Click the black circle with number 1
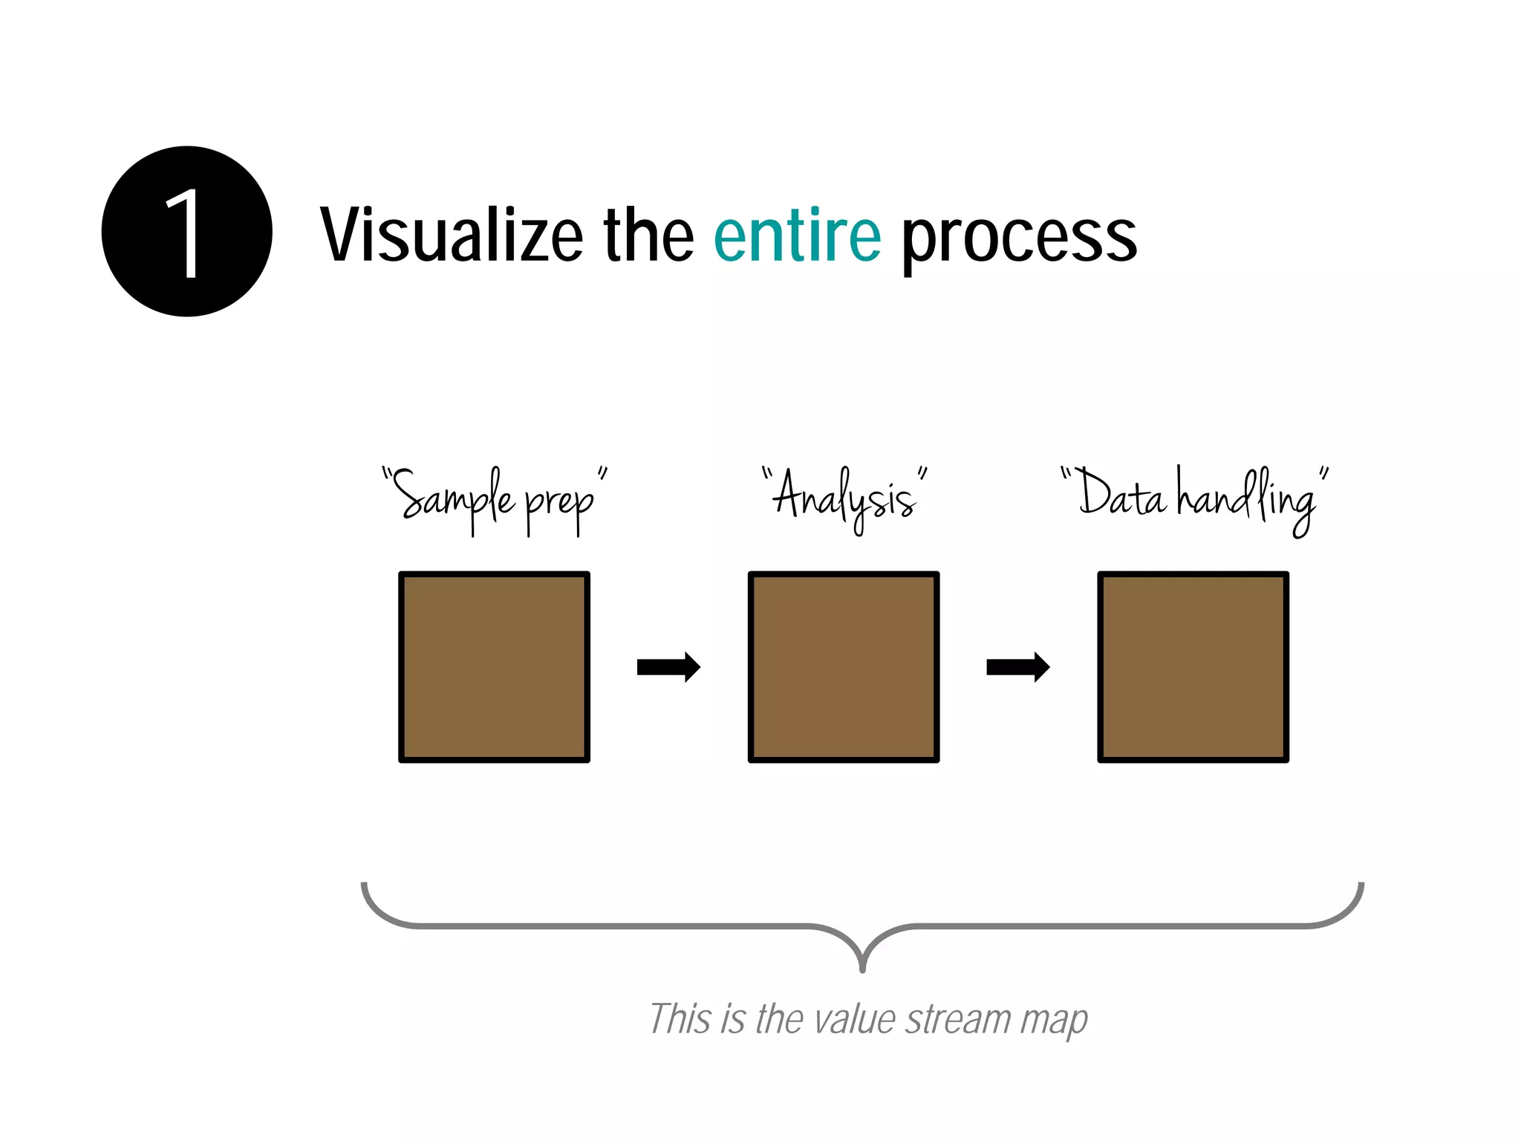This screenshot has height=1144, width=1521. click(x=186, y=232)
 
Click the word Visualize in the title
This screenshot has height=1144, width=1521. click(x=452, y=235)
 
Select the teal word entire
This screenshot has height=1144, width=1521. click(x=797, y=235)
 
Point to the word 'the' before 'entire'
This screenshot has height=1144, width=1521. click(x=648, y=235)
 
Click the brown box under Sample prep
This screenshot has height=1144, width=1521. click(x=494, y=666)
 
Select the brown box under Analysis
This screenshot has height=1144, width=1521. click(x=843, y=666)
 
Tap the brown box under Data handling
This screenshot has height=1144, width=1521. click(x=1193, y=666)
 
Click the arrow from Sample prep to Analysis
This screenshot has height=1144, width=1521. click(x=668, y=667)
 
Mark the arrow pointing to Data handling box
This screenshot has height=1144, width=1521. click(x=1017, y=667)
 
